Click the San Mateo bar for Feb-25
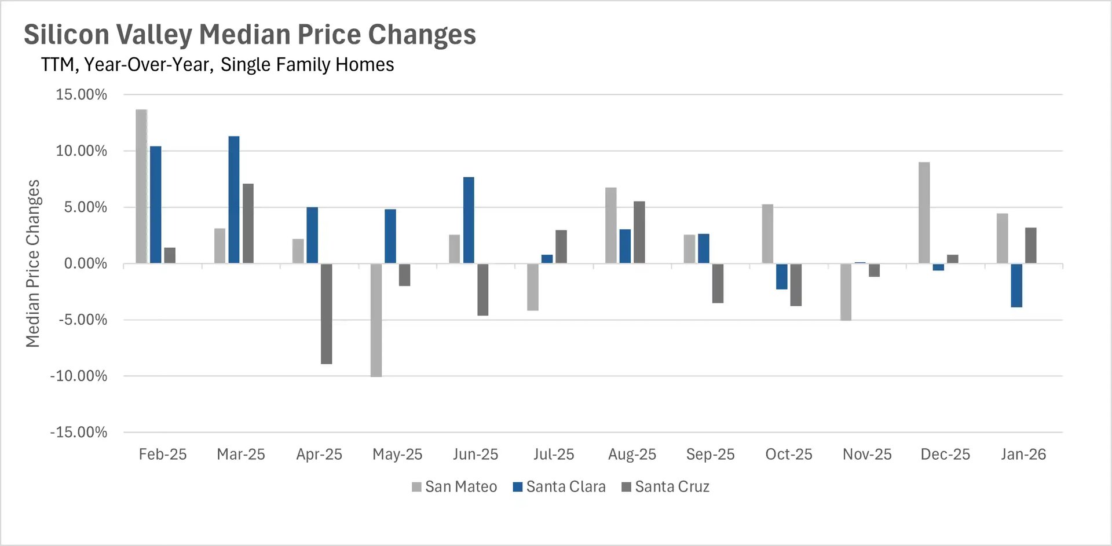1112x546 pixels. coord(141,186)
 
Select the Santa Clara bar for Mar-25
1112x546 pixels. coord(234,200)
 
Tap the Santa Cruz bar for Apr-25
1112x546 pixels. coord(327,314)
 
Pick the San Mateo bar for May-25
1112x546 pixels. coord(376,320)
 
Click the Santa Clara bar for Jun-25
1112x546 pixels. coord(469,221)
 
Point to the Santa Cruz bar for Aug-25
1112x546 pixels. coord(639,232)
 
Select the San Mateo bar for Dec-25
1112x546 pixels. coord(924,213)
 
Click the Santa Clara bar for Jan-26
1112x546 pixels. coord(1016,285)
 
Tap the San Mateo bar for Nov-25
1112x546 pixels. coord(846,292)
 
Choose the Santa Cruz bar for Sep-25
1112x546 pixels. coord(718,283)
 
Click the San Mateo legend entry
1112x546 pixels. coord(455,487)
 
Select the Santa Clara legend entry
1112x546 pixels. coord(559,487)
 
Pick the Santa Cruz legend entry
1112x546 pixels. coord(665,487)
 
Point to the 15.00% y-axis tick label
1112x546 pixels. coord(82,95)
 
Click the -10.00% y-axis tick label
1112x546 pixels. coord(79,376)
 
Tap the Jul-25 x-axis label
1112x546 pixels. coord(554,455)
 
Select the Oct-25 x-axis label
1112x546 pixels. coord(789,455)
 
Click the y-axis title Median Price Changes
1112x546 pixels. coord(33,263)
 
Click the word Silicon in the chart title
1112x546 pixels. coord(67,34)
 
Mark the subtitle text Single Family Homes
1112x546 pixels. coord(307,64)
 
